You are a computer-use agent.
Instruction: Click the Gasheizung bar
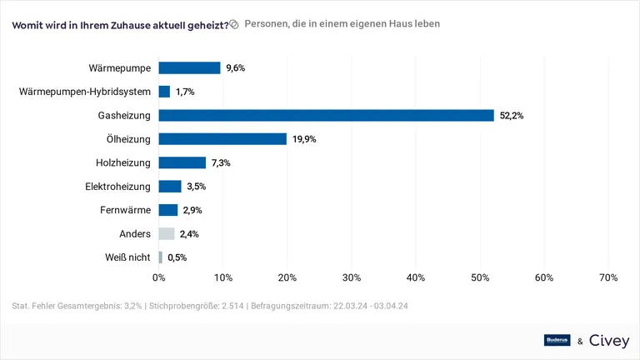pyautogui.click(x=326, y=116)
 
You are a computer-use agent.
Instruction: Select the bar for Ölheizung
pyautogui.click(x=222, y=139)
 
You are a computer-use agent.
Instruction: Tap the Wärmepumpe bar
pyautogui.click(x=189, y=68)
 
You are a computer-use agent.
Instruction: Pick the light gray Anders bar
pyautogui.click(x=167, y=234)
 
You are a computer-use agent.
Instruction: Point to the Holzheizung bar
pyautogui.click(x=182, y=163)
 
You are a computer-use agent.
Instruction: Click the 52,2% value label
pyautogui.click(x=511, y=116)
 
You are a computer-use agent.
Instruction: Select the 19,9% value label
pyautogui.click(x=304, y=139)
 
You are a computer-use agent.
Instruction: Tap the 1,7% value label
pyautogui.click(x=184, y=92)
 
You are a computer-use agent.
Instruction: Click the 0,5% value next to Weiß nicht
pyautogui.click(x=177, y=257)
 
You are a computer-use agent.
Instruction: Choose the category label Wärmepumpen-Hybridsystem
pyautogui.click(x=85, y=92)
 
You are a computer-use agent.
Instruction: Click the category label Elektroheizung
pyautogui.click(x=117, y=187)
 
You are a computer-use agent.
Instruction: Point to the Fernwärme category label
pyautogui.click(x=124, y=210)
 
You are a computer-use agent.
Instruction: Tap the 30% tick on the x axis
pyautogui.click(x=352, y=277)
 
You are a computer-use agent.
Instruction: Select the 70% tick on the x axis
pyautogui.click(x=608, y=277)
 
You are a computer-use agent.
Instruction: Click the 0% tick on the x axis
pyautogui.click(x=159, y=277)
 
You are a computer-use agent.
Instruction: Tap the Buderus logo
pyautogui.click(x=557, y=340)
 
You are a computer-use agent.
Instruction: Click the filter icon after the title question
pyautogui.click(x=234, y=24)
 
